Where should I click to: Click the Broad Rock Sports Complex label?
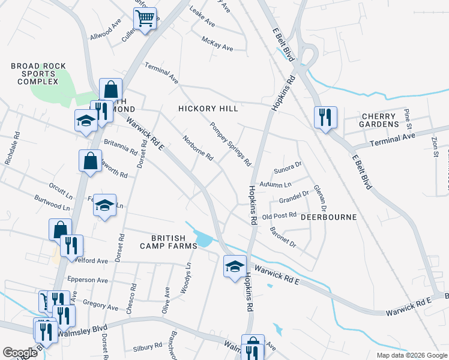pos(34,74)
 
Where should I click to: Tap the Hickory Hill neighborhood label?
pos(208,109)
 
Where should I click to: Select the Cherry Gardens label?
pos(379,120)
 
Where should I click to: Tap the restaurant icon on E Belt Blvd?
pos(325,118)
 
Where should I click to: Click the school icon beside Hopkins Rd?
pos(235,266)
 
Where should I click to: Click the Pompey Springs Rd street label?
pos(230,145)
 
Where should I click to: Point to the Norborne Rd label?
pos(198,148)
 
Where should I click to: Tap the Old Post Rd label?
pos(280,215)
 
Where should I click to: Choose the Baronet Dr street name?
pos(283,238)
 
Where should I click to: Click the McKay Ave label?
pos(217,44)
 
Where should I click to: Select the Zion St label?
pos(435,146)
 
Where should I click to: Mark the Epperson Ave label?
pos(88,279)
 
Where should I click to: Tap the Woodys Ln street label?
pos(188,274)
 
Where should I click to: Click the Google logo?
pos(20,353)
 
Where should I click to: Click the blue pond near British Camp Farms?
pos(203,239)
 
